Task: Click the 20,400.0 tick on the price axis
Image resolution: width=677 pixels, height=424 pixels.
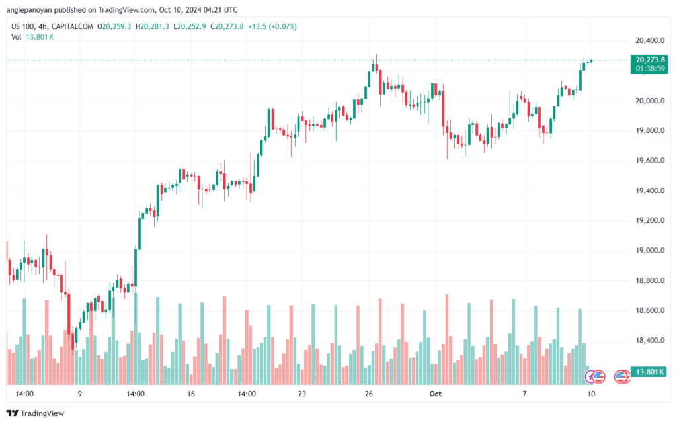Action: click(x=646, y=40)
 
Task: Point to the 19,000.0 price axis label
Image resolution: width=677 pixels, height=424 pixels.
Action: click(x=646, y=251)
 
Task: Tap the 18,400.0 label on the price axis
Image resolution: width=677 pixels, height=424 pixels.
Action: click(x=646, y=341)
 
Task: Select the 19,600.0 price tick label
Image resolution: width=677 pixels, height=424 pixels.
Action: click(x=646, y=161)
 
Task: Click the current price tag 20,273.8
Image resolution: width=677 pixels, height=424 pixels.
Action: click(x=651, y=60)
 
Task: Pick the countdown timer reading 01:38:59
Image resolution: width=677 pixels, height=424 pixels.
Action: click(x=651, y=68)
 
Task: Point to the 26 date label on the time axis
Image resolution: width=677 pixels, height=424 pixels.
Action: click(x=369, y=394)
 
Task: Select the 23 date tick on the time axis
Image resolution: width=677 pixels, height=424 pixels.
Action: click(x=301, y=394)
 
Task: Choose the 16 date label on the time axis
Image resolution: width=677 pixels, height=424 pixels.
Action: click(x=191, y=394)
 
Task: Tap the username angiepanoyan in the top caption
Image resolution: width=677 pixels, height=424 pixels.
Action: click(x=32, y=9)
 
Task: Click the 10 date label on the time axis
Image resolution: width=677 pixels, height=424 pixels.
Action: click(x=590, y=394)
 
